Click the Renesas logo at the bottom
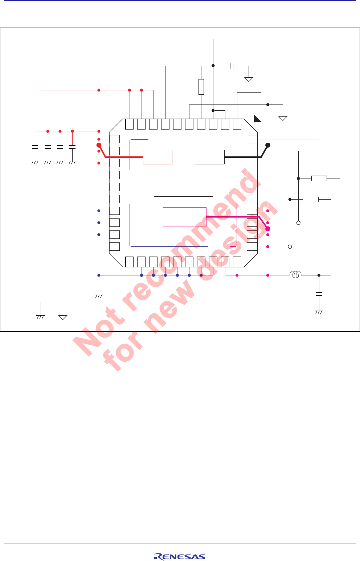click(180, 557)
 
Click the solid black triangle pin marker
click(257, 119)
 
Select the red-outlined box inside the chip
click(157, 157)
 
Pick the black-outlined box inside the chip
click(209, 157)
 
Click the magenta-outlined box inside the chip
click(184, 217)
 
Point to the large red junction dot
click(99, 145)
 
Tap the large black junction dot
click(268, 145)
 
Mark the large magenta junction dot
click(268, 229)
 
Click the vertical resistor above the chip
click(201, 87)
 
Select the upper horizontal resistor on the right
click(319, 178)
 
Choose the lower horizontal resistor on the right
click(310, 199)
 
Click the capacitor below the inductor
click(319, 294)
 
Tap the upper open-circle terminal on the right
click(299, 223)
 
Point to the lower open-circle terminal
click(290, 247)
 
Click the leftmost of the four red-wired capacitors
click(35, 147)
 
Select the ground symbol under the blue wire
click(99, 296)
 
